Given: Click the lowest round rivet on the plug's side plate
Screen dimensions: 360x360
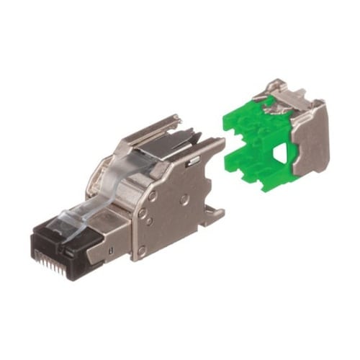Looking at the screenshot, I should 142,250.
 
